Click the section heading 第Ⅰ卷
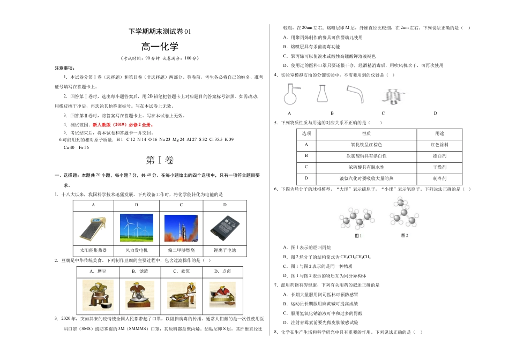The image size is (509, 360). [x=160, y=160]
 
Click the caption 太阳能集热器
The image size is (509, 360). [x=93, y=250]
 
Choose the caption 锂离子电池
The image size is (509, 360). [x=224, y=250]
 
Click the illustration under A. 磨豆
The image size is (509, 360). [x=97, y=295]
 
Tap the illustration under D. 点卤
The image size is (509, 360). [x=226, y=295]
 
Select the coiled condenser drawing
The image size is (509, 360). [x=392, y=95]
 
